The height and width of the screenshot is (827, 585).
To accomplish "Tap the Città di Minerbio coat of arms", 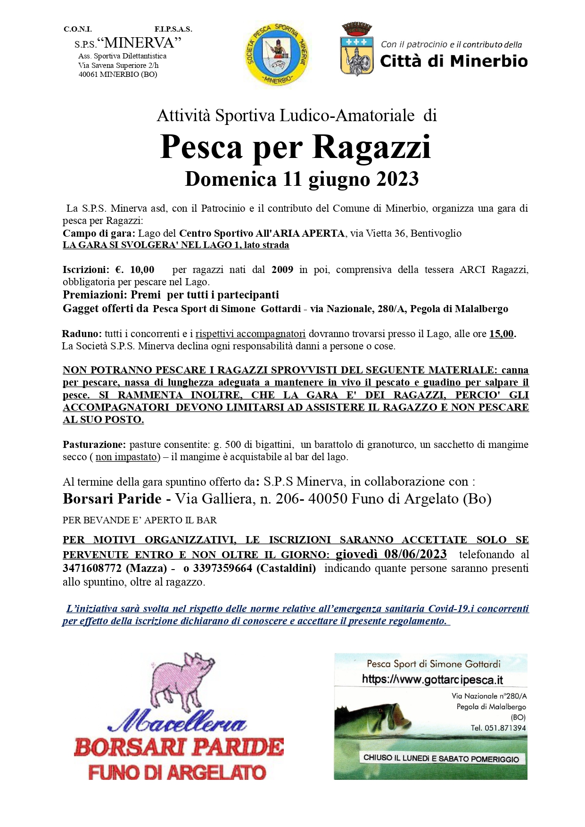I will point(357,50).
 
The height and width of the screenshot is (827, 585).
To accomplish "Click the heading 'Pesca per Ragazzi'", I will point(296,147).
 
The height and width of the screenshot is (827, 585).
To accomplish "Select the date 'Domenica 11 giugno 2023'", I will point(302,179).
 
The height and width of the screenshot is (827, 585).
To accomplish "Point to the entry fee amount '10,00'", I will point(142,270).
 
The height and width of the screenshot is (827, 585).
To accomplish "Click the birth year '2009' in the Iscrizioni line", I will point(282,270).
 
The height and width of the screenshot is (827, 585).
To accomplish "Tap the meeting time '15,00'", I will point(502,334).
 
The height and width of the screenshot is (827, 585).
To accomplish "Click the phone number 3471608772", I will point(92,568).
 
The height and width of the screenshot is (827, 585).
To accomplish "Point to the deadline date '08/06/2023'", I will point(415,554).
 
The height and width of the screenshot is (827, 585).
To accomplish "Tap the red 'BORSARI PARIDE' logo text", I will point(179,747).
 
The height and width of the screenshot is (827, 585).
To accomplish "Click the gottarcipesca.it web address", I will point(432,679).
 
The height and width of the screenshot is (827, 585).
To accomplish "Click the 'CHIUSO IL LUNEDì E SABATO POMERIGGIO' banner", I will point(441,759).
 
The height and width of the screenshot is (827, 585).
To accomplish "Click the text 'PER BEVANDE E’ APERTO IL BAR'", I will point(140,520).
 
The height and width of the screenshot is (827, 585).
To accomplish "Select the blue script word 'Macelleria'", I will point(177,722).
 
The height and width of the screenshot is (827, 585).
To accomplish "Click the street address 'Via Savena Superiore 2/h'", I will point(118,66).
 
